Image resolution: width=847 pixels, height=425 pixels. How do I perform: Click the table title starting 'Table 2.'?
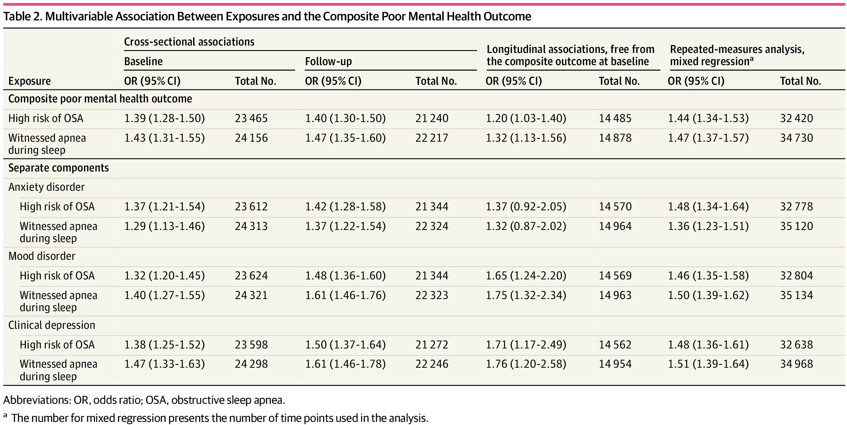[x=267, y=16]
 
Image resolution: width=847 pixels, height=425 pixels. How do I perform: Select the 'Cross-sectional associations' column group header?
[x=189, y=42]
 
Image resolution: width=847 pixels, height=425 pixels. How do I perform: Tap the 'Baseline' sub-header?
[x=143, y=62]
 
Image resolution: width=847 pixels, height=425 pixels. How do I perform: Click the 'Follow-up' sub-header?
[x=329, y=62]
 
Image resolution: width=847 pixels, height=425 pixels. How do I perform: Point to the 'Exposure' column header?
[x=29, y=81]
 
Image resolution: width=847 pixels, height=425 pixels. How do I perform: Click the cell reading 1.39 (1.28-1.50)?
[x=164, y=119]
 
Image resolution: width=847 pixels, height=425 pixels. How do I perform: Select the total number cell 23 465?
[x=251, y=119]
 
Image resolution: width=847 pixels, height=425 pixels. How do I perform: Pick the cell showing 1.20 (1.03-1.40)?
[x=526, y=119]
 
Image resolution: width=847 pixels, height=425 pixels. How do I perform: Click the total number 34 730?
[x=796, y=138]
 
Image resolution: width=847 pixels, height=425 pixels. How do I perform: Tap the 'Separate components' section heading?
[x=58, y=168]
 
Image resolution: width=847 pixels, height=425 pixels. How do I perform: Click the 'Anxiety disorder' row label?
[x=46, y=187]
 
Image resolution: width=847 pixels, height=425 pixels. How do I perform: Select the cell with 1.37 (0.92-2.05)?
[x=526, y=207]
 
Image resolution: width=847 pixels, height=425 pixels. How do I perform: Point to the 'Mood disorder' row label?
[x=42, y=256]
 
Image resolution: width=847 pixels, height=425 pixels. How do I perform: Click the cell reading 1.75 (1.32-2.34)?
[x=526, y=295]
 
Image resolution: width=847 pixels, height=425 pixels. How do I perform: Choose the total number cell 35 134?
[x=796, y=295]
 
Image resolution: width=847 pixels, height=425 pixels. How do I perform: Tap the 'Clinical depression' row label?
[x=52, y=325]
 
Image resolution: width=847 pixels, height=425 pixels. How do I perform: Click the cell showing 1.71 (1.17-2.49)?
[x=526, y=345]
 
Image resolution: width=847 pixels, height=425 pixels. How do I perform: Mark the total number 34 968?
[x=796, y=364]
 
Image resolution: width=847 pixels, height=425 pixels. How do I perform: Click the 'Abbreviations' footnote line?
[x=144, y=400]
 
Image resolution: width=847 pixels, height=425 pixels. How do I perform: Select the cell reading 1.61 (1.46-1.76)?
[x=345, y=295]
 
